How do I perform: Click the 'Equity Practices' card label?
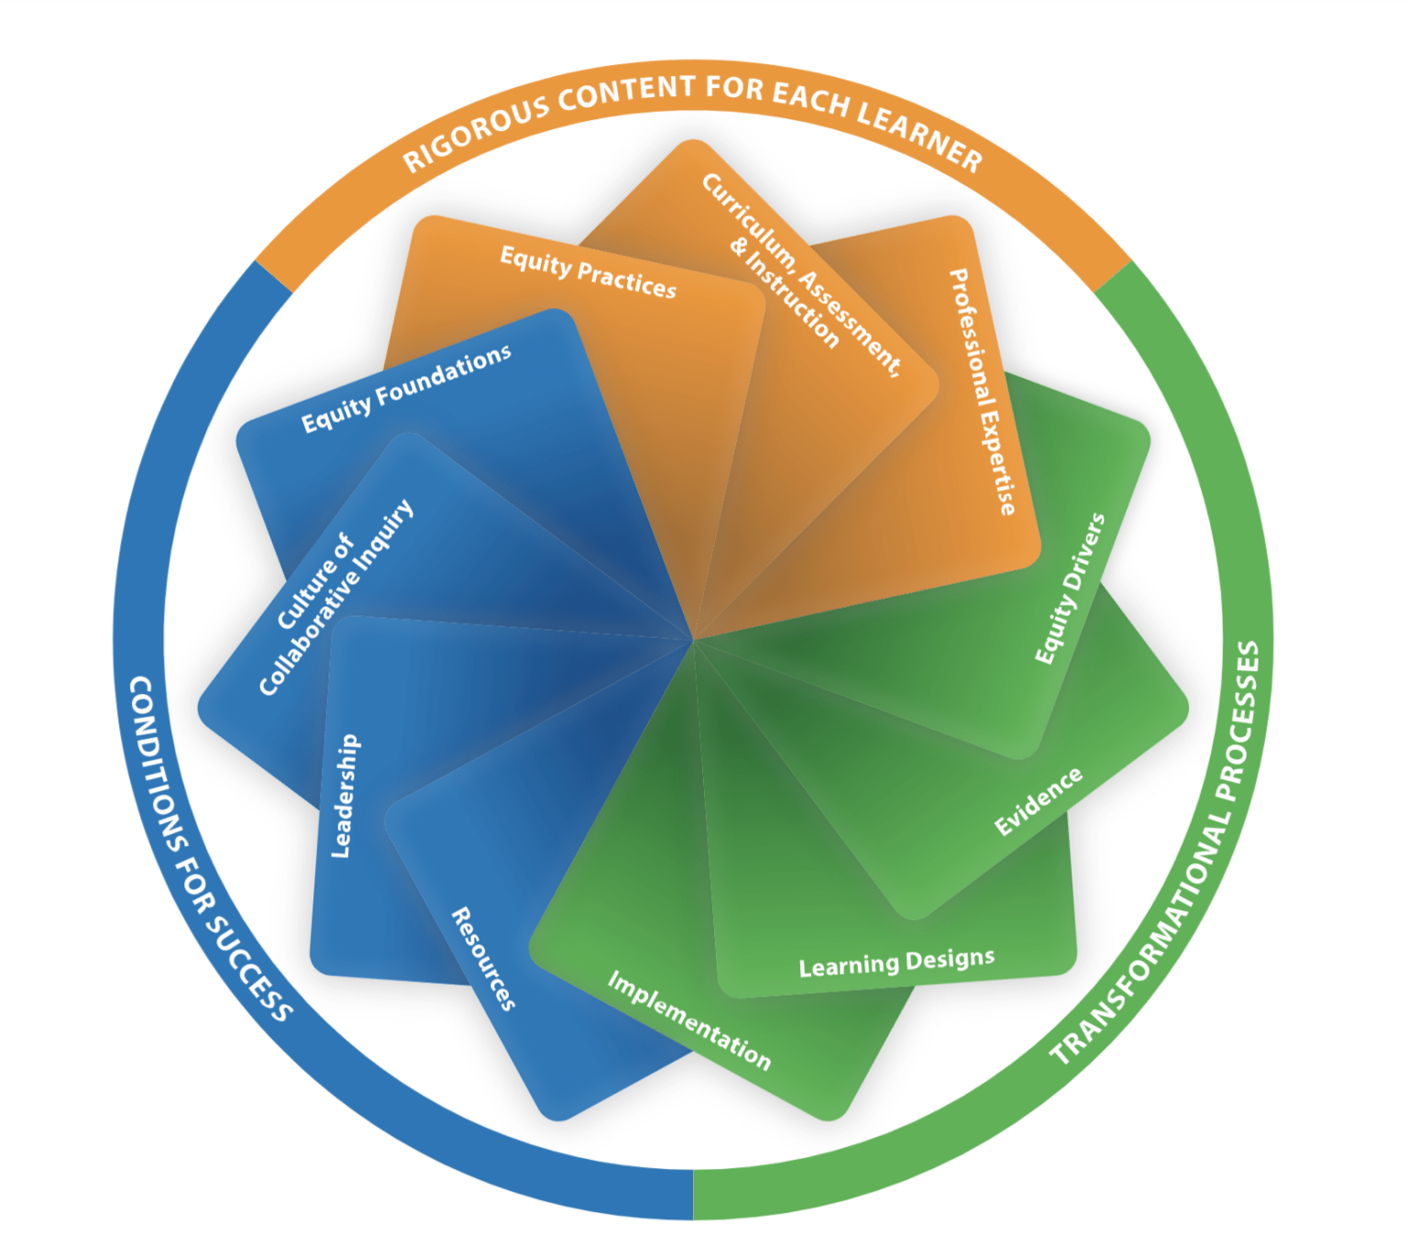[x=588, y=272]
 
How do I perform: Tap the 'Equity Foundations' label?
[x=406, y=389]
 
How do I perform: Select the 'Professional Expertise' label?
[x=982, y=391]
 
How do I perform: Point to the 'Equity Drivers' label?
[x=1070, y=589]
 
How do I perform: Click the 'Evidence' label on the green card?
[x=1038, y=802]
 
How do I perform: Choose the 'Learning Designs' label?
[x=896, y=963]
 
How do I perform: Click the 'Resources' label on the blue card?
[x=483, y=959]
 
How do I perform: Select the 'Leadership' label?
[x=345, y=796]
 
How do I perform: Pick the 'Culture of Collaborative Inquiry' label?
[x=335, y=598]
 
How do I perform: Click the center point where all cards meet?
[x=693, y=639]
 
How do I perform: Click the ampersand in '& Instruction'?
[x=739, y=246]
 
